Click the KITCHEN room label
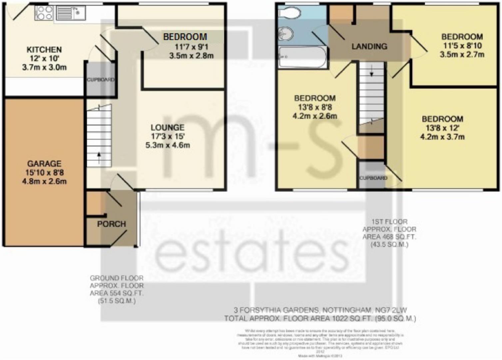tap(44, 50)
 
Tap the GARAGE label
tap(44, 164)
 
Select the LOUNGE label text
tap(167, 127)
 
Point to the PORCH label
tap(111, 224)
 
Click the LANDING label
tap(369, 46)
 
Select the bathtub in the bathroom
tap(302, 57)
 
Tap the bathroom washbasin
tap(286, 34)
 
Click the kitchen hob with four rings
tap(44, 13)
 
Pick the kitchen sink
tap(70, 13)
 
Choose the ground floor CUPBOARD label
tap(100, 80)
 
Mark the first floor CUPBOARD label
tap(373, 178)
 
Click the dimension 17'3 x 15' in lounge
tap(168, 136)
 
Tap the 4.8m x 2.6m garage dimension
tap(44, 182)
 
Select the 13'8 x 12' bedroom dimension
tap(442, 128)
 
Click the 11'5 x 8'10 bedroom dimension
tap(462, 46)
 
